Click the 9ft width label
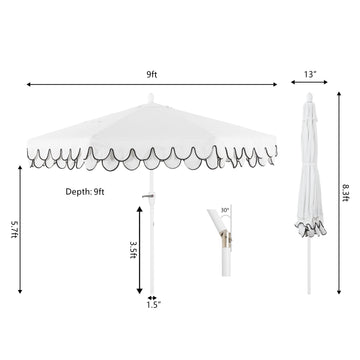click(152, 75)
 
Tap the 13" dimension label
click(310, 74)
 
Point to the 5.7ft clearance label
click(14, 229)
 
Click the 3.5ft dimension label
click(132, 250)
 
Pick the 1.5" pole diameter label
click(154, 304)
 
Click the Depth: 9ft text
click(85, 192)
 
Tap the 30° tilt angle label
click(225, 210)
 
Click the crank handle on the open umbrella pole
click(148, 195)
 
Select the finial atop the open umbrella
click(151, 98)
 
